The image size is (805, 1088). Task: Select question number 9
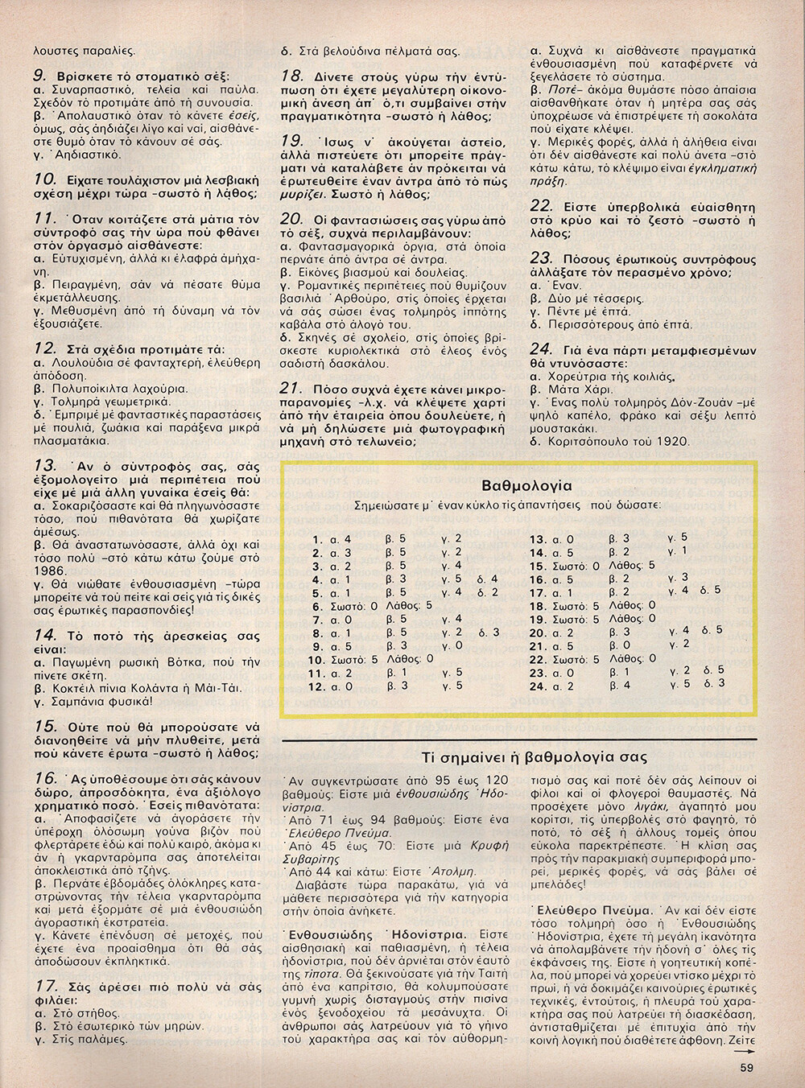[39, 75]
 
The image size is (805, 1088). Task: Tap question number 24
[541, 349]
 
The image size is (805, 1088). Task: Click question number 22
[541, 205]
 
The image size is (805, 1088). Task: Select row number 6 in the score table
[316, 606]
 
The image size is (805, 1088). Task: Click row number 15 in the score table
[538, 566]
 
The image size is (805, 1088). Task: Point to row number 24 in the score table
[538, 686]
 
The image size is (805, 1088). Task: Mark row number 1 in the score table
[316, 539]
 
